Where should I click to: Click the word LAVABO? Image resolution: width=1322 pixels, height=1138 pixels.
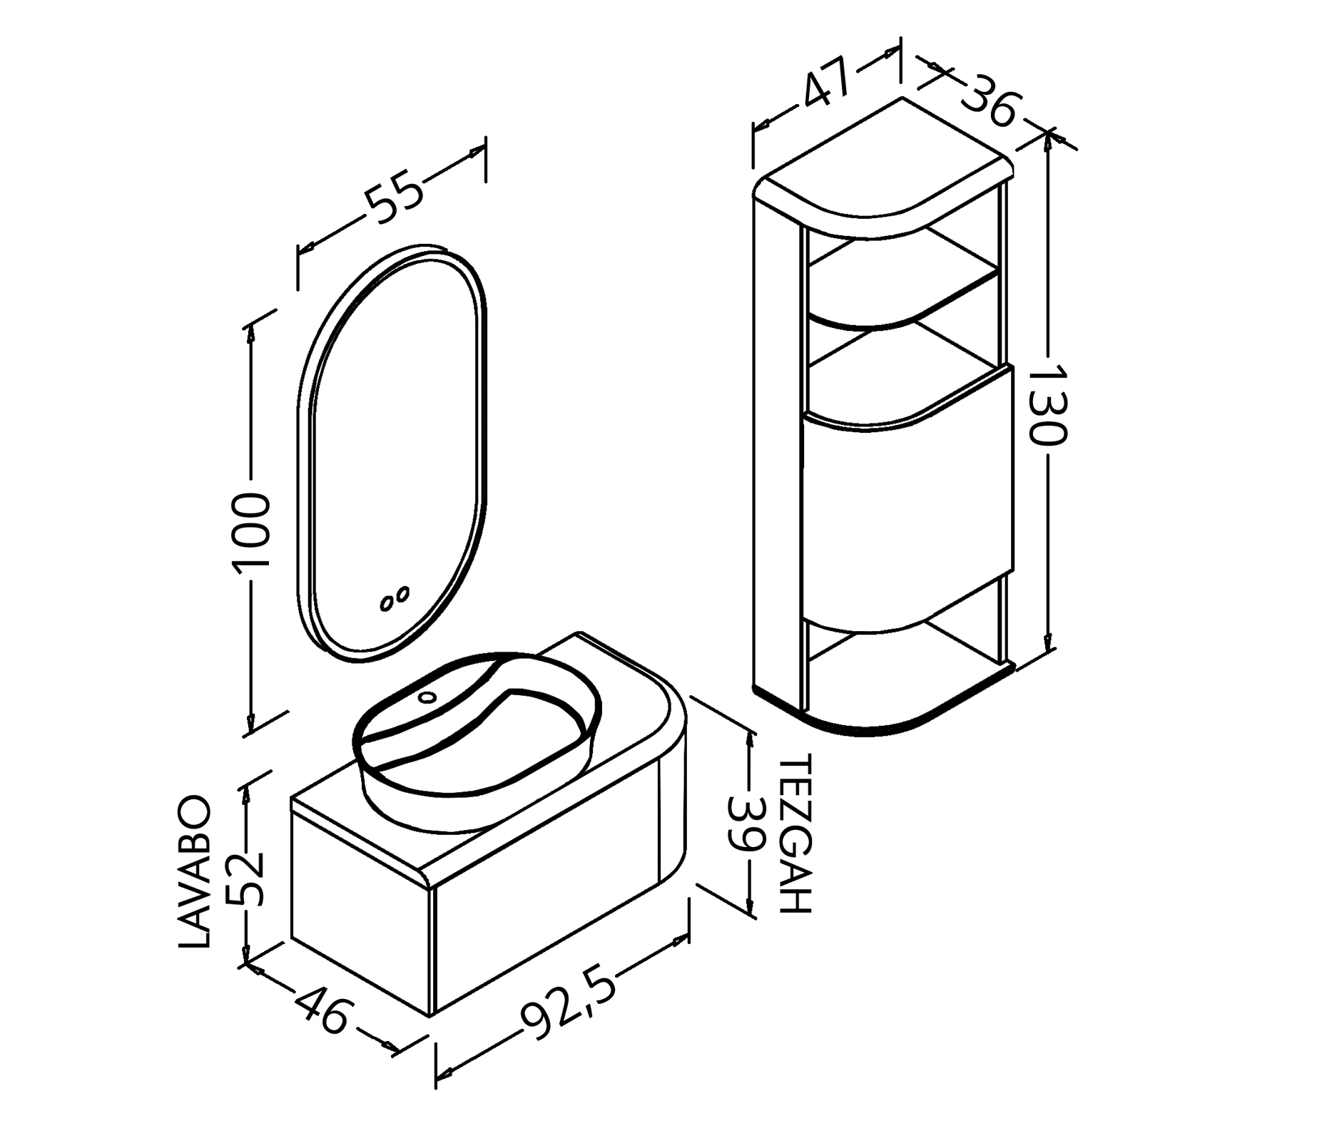194,871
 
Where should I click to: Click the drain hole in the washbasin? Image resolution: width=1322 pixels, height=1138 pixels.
427,696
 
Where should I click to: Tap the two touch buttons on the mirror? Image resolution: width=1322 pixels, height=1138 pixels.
395,598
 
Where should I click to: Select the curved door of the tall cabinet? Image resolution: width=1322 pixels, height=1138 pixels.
906,499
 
